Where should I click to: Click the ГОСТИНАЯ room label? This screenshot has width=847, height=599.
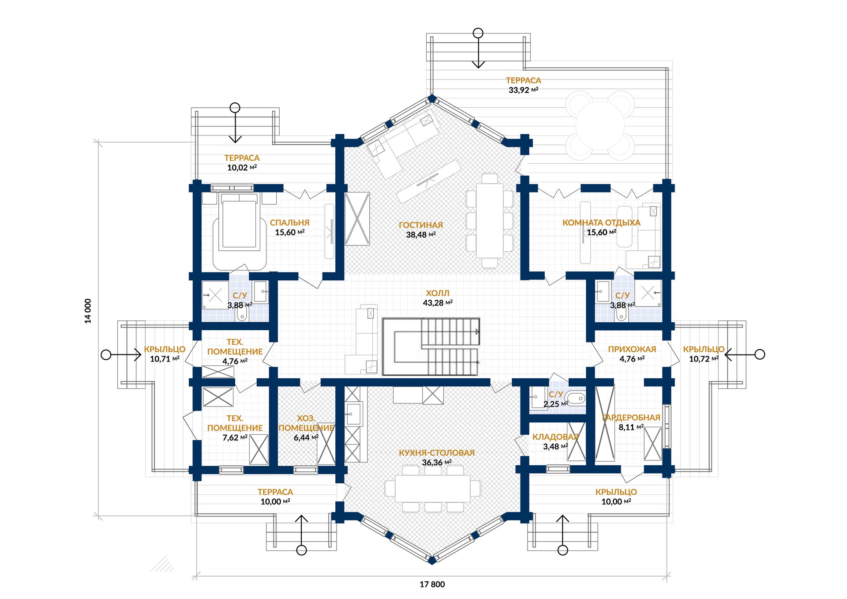coord(420,225)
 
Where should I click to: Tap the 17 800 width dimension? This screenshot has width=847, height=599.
coord(432,584)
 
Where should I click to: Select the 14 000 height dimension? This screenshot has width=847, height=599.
coord(88,311)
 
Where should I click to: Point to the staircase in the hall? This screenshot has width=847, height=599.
coord(431,347)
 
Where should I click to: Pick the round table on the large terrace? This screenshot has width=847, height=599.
coord(600,126)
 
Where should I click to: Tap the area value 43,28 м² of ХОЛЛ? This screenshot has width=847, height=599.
coord(438,303)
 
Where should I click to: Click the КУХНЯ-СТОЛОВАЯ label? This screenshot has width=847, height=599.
coord(437,453)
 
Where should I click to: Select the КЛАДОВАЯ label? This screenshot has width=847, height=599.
coord(555,437)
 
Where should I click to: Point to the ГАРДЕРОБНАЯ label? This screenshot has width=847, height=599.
coord(631,418)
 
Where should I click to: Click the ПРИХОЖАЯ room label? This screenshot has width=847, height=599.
coord(632,349)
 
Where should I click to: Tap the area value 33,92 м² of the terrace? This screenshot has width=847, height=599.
coord(523,90)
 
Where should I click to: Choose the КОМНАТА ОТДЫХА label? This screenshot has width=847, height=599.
coord(601,223)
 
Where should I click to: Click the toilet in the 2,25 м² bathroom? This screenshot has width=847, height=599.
coord(576,399)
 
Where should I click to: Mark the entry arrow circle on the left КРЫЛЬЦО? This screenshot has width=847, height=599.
coord(106,354)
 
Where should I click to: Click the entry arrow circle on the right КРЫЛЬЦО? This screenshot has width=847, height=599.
coord(760,354)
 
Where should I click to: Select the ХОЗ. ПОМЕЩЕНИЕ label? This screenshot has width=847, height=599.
coord(306,423)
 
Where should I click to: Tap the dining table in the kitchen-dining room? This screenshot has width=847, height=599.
coord(432,488)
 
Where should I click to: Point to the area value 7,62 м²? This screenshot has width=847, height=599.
coord(235,437)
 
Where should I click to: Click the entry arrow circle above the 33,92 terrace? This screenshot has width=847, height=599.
coord(478,33)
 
